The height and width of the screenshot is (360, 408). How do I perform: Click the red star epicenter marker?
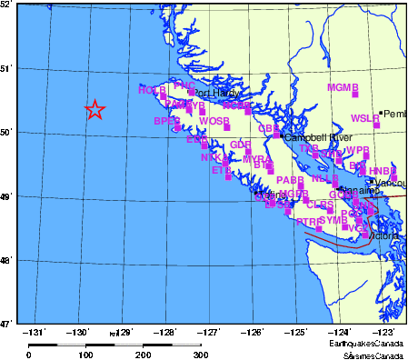coord(95,110)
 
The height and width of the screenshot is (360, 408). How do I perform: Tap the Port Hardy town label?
coord(216,93)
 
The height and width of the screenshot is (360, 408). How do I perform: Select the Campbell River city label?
coord(318,137)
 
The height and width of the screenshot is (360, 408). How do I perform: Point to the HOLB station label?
coord(152,90)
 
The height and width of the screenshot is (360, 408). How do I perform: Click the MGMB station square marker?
coord(355,94)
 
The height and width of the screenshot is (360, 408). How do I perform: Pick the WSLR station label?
coord(364,118)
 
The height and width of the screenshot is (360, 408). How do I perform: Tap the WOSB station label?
coord(214,121)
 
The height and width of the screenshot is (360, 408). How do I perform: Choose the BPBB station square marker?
coord(177,127)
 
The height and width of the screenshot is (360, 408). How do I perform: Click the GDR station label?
coord(240,145)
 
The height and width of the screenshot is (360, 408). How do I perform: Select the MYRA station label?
coord(256,159)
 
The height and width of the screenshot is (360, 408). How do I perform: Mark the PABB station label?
coord(290,180)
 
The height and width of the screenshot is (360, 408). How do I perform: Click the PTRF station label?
coord(309,222)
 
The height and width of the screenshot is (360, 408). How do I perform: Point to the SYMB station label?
coord(333,220)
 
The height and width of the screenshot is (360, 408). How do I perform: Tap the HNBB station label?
coord(382,171)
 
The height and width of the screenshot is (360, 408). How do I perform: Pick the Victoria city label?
coord(384,235)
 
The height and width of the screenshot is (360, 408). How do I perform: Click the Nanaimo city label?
coord(359,191)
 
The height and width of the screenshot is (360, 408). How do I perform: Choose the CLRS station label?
coord(320,205)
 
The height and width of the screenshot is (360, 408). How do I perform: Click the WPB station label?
coord(357,150)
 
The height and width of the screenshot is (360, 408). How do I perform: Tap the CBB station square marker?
coord(276,135)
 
